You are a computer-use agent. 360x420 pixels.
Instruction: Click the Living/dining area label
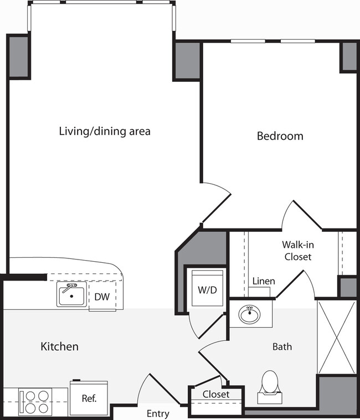coord(105,132)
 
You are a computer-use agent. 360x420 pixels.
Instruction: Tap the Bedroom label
coord(280,136)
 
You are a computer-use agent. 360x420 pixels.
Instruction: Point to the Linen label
coord(264,281)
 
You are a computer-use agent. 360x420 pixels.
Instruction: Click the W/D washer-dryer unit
coord(205,289)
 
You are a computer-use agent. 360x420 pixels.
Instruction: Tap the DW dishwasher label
coord(101,297)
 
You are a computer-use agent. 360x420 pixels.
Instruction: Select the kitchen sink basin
coord(71,295)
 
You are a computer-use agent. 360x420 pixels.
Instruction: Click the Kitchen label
coord(60,347)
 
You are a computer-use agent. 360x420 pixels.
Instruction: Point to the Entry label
coord(158,413)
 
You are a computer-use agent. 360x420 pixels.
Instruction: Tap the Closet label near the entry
coord(216,395)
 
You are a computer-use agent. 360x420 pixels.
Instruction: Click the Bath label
coord(282,347)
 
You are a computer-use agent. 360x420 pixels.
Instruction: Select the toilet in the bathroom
coord(269,383)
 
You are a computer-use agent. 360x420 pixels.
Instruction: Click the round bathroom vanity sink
coord(250,314)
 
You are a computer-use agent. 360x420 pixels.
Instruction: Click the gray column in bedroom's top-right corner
coord(348,56)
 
